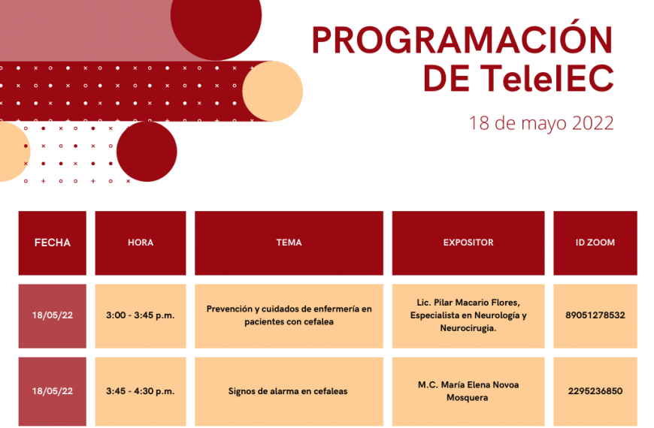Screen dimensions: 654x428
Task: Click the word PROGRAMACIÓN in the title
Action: (462, 39)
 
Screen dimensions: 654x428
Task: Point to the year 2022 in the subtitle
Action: (592, 123)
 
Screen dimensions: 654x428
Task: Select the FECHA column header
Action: (52, 243)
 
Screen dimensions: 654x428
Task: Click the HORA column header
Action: (141, 243)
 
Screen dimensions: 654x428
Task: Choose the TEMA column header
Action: (289, 243)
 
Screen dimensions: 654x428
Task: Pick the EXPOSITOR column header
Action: (468, 243)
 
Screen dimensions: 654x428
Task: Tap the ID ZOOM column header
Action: (595, 243)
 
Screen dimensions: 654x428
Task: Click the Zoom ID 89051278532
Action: (595, 315)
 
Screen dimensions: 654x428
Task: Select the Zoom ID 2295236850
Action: (595, 391)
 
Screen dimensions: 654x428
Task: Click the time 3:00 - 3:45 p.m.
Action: (140, 315)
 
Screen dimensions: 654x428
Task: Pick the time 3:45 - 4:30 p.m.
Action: (140, 391)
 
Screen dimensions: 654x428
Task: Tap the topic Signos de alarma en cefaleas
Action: (288, 391)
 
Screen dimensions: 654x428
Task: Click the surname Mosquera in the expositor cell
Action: (467, 397)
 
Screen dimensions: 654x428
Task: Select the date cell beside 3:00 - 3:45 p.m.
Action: (52, 316)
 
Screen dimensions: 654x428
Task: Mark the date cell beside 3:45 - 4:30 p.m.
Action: (52, 391)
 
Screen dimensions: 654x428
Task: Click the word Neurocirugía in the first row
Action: (468, 328)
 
